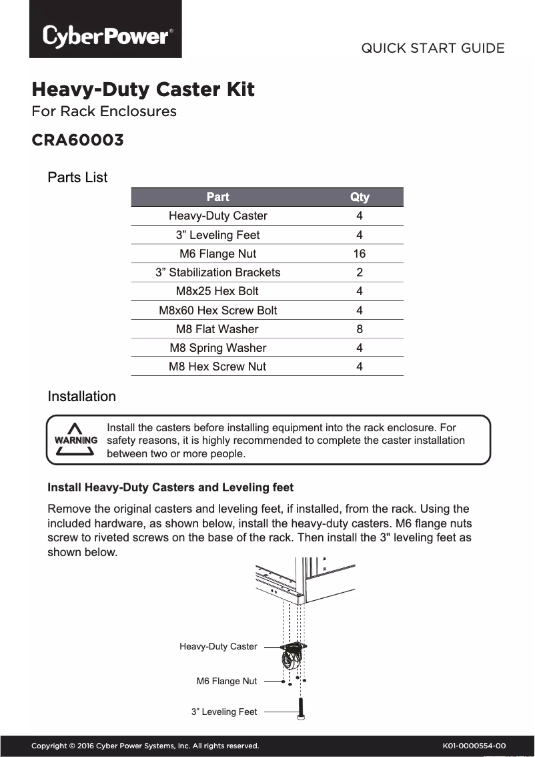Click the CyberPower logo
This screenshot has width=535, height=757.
tap(105, 35)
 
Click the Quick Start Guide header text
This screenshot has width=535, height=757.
tap(432, 48)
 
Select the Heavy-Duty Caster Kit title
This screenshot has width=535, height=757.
tap(143, 89)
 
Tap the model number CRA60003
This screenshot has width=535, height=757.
tap(77, 140)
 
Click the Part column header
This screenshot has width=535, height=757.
tap(217, 197)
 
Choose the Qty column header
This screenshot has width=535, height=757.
tap(360, 197)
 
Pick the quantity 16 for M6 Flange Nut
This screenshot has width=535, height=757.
tap(360, 254)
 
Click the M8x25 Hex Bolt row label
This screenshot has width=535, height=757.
tap(217, 291)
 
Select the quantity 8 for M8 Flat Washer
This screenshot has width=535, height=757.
tap(360, 329)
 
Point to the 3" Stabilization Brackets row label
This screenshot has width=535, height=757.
tap(217, 272)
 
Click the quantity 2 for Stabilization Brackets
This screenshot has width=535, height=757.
tap(360, 272)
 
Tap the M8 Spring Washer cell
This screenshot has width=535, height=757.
tap(217, 348)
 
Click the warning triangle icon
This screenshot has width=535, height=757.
tap(75, 440)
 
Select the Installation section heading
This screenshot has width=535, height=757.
tap(81, 397)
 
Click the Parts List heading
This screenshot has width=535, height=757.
tap(77, 178)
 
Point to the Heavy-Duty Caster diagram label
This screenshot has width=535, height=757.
tap(218, 646)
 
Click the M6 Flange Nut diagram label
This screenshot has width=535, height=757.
tap(226, 681)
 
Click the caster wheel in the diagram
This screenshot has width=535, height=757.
tap(288, 661)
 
